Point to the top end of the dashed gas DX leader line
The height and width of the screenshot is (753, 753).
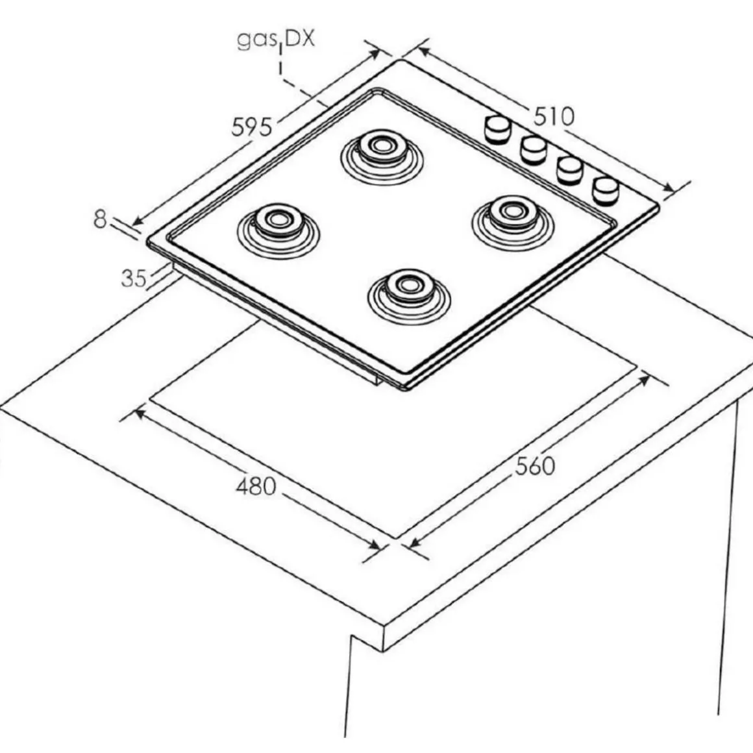pyautogui.click(x=280, y=44)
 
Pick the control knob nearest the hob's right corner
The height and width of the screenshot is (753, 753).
pyautogui.click(x=606, y=191)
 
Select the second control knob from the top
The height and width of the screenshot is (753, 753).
pyautogui.click(x=534, y=150)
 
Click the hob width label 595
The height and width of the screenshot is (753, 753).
pyautogui.click(x=252, y=127)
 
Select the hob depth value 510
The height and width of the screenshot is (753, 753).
pyautogui.click(x=554, y=116)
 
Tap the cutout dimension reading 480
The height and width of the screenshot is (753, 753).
pyautogui.click(x=256, y=486)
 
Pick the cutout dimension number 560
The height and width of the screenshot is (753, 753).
pyautogui.click(x=535, y=466)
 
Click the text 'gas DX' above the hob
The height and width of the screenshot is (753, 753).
pyautogui.click(x=276, y=38)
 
